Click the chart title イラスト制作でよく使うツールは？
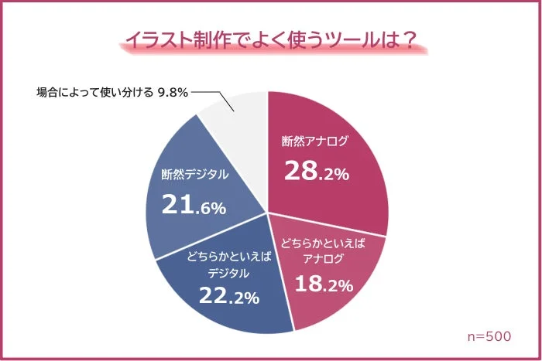270,41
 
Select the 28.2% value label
316,172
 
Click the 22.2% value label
228,296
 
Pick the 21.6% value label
193,205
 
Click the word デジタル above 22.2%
228,272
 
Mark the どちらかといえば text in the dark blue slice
229,256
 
